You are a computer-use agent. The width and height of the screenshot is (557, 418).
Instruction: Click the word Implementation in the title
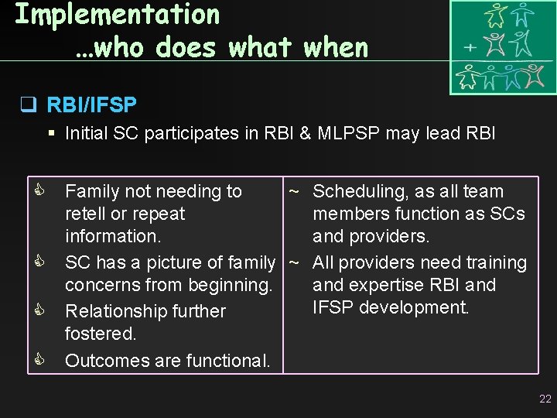118,14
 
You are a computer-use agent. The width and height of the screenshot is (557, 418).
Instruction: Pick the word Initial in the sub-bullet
87,133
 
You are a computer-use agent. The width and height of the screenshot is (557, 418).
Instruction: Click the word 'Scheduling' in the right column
360,191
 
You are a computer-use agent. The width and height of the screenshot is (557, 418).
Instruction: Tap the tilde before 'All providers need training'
294,262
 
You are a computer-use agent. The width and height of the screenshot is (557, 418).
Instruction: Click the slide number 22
545,399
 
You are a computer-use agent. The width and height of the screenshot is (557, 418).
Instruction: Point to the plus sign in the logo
469,46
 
